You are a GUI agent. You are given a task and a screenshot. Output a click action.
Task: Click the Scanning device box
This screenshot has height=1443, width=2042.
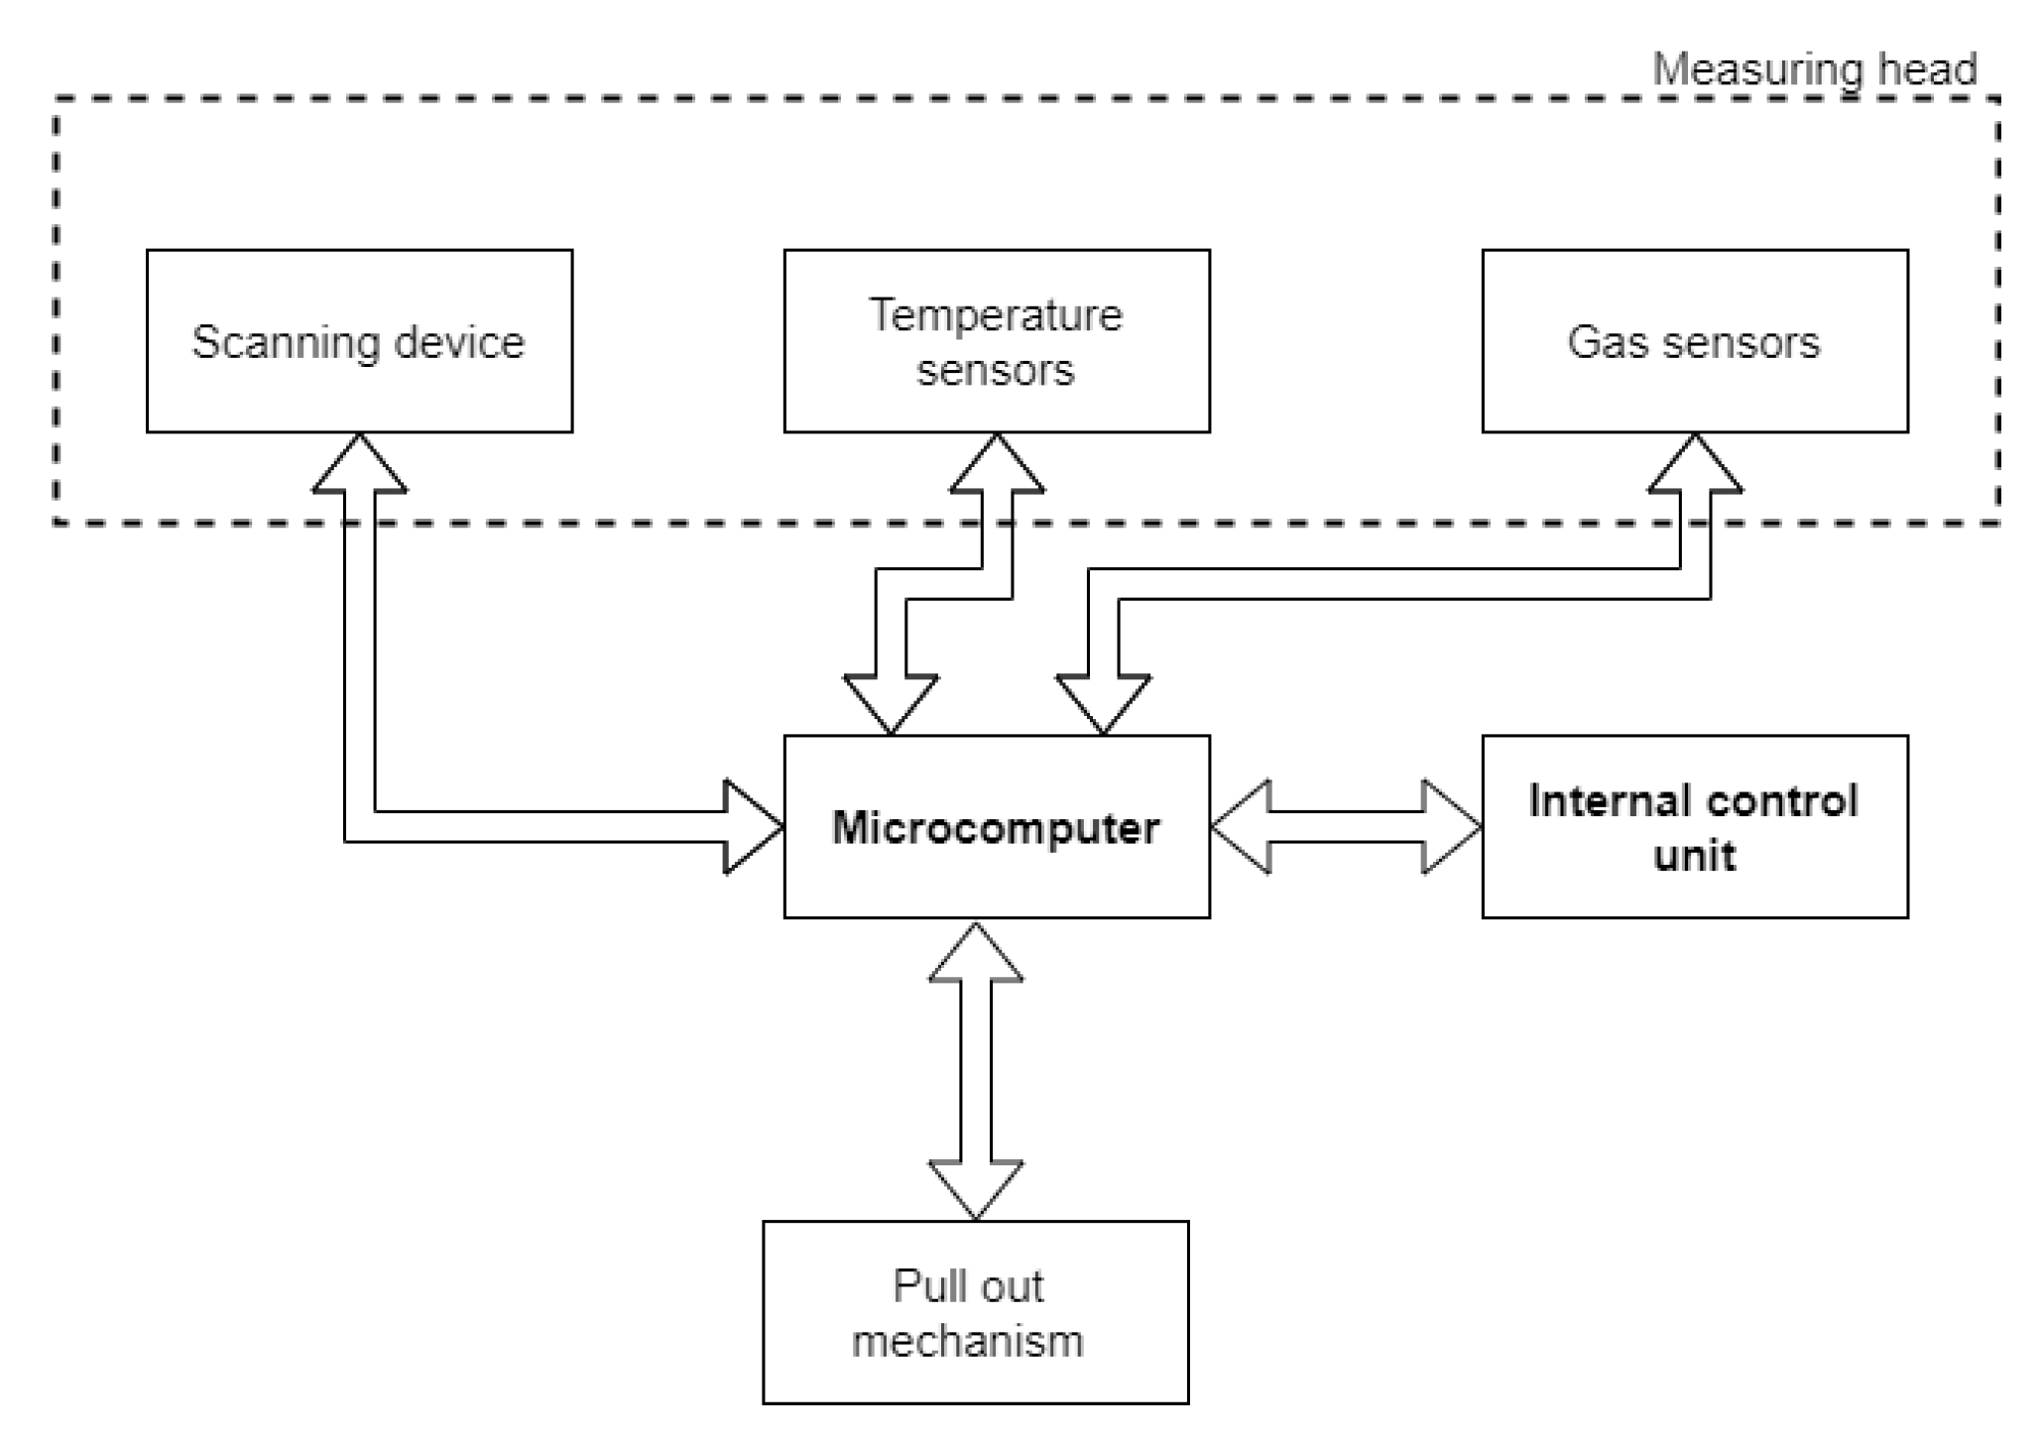(359, 341)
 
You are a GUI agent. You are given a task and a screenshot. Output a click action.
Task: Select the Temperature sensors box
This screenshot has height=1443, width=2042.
(996, 341)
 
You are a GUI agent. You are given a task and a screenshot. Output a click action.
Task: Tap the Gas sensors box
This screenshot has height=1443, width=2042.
(1694, 341)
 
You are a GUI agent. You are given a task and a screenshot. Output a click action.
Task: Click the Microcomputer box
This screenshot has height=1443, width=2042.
(996, 826)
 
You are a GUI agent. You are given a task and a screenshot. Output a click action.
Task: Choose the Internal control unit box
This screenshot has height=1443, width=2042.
(1694, 826)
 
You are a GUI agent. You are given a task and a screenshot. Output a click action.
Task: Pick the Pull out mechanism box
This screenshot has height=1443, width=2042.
(975, 1311)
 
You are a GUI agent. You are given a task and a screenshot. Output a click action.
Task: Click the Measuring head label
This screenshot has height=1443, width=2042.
(1814, 69)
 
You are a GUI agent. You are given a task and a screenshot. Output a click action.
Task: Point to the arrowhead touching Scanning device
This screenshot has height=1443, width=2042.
(359, 466)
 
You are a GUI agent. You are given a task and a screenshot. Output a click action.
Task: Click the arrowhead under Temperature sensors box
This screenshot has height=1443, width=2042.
(996, 466)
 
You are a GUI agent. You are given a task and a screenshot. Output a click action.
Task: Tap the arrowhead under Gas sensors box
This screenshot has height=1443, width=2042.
(1694, 466)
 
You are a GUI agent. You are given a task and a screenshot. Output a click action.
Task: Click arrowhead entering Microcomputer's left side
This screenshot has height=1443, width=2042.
(752, 826)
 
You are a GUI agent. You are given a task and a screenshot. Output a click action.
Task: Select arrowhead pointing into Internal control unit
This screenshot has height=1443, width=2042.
(1450, 826)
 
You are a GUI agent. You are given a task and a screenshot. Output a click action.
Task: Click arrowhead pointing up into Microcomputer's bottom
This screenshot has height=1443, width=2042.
(975, 954)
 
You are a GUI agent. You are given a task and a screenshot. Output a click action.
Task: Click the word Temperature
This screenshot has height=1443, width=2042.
(996, 315)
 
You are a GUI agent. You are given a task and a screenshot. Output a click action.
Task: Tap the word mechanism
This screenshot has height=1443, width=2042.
(967, 1340)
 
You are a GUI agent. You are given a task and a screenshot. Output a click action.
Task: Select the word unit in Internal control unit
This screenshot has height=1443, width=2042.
(1694, 855)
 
